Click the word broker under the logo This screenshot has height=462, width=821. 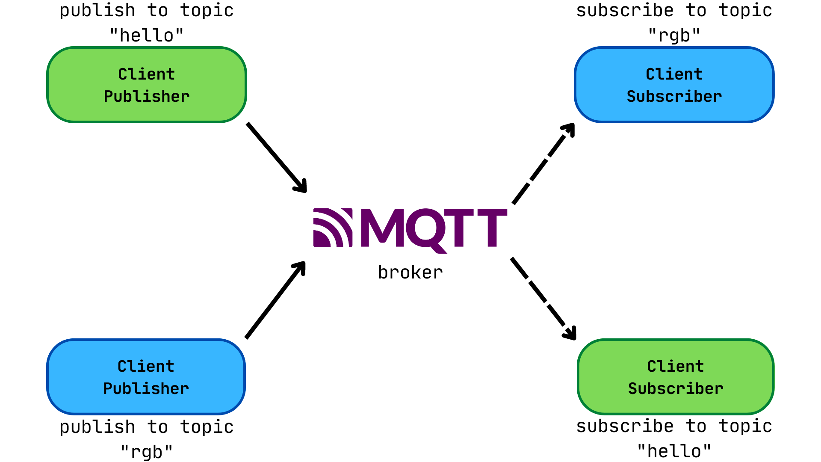coord(410,273)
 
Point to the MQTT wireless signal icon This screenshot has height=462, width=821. coord(332,228)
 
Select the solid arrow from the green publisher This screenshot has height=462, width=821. coord(277,157)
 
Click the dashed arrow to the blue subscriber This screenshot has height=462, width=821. coord(543,164)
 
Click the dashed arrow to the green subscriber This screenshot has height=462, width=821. coord(543,298)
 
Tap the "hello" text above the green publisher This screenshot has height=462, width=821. coord(147,36)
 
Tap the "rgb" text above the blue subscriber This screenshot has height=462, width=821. coord(674,36)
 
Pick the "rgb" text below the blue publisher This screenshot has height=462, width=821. coord(147,452)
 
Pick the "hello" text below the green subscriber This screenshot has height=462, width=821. coord(674,451)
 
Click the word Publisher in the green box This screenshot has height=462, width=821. coord(147,97)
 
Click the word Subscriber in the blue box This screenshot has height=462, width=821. coord(674,97)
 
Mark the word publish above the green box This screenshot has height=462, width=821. coord(97,11)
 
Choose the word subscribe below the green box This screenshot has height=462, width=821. coord(625,426)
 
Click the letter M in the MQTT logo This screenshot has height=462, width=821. coord(382,228)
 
